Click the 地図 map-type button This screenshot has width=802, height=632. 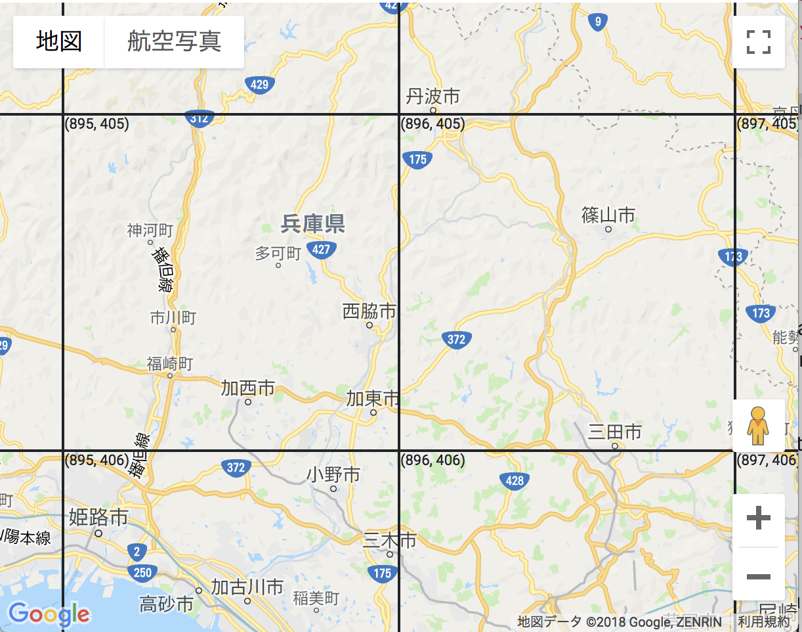click(59, 41)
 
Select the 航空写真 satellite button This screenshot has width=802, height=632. click(174, 41)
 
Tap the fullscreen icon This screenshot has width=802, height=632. click(759, 42)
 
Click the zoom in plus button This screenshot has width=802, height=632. click(759, 519)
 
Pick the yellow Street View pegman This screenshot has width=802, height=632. click(758, 425)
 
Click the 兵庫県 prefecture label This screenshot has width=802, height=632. click(313, 225)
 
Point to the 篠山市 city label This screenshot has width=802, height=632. click(608, 215)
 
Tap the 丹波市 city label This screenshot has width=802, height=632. click(433, 97)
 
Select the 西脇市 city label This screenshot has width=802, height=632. click(369, 311)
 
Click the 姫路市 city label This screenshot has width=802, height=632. click(98, 518)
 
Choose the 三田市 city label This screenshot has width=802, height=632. click(615, 432)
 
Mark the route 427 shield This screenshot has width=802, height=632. click(321, 250)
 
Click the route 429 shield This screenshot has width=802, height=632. click(259, 84)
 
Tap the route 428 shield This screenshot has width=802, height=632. click(515, 481)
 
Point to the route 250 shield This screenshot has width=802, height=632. click(142, 573)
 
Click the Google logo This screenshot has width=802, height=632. click(49, 614)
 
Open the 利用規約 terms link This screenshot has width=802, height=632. click(764, 621)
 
